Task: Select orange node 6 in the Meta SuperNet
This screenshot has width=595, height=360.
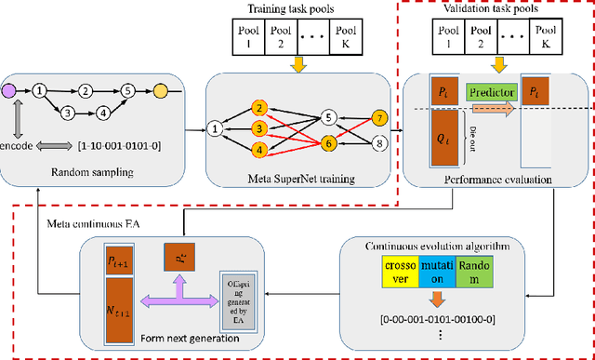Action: (x=327, y=144)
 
